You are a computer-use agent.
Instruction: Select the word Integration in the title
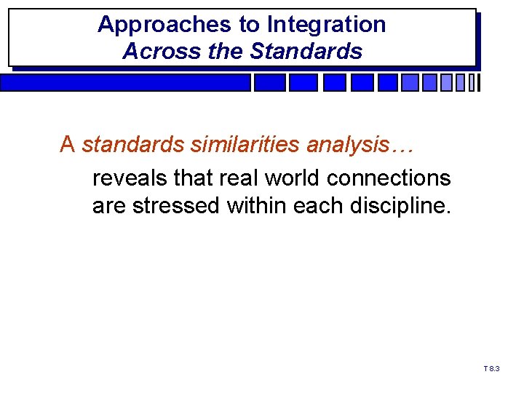click(x=326, y=25)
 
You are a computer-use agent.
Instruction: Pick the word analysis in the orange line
click(x=349, y=145)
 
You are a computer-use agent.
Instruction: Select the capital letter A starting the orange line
click(x=68, y=145)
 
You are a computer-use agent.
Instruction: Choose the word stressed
click(x=177, y=206)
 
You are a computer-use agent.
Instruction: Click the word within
click(x=256, y=206)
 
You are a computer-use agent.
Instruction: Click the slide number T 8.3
click(x=492, y=370)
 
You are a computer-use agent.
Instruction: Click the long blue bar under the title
click(x=125, y=83)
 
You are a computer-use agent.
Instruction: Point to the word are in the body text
click(x=108, y=206)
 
